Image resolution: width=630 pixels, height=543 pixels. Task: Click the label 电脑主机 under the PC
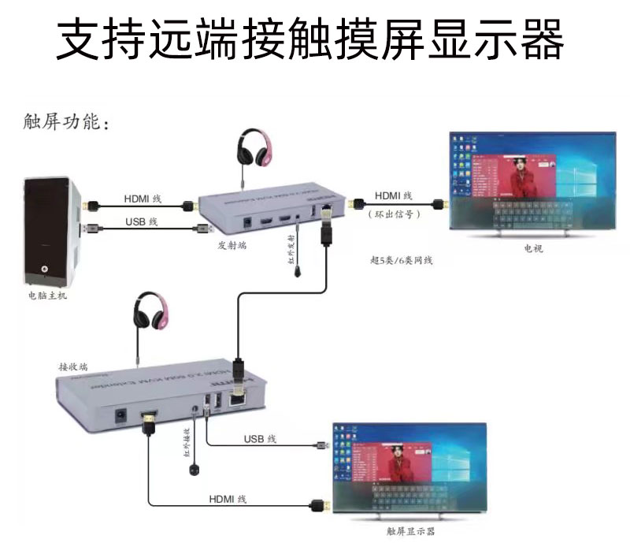tap(47, 297)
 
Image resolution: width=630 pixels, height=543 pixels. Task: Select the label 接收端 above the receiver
tap(73, 366)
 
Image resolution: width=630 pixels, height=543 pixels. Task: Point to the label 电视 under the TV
tap(534, 248)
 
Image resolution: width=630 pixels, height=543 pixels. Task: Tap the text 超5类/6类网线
tap(402, 261)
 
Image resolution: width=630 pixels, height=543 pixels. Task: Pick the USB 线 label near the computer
tap(141, 221)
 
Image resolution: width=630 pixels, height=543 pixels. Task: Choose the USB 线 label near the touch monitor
tap(260, 438)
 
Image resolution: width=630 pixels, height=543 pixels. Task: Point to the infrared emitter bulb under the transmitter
tap(298, 271)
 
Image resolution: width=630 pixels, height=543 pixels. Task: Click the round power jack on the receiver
tap(123, 413)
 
